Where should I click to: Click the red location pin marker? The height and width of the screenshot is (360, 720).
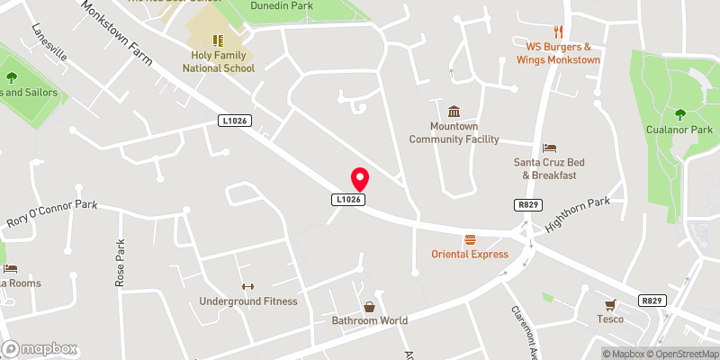point(359,177)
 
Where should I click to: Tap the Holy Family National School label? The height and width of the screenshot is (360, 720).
point(219,61)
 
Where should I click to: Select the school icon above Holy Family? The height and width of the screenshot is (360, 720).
point(218,40)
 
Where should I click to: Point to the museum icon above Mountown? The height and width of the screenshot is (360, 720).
point(454,112)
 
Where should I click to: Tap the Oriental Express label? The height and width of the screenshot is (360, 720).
point(469,254)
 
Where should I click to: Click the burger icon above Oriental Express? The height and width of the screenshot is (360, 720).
point(469,239)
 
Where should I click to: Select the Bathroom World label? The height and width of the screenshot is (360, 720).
point(369,320)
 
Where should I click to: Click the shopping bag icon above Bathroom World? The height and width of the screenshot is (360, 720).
point(369,307)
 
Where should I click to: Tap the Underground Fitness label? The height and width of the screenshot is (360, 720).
point(248,301)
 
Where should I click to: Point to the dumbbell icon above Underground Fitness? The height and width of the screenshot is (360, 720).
point(247,286)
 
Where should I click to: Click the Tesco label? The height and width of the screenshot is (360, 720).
point(610,319)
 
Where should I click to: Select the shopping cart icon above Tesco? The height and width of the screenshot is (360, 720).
point(610,304)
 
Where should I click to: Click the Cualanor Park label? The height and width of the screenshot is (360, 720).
point(679,130)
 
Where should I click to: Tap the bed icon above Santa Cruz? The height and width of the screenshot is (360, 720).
point(549,148)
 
